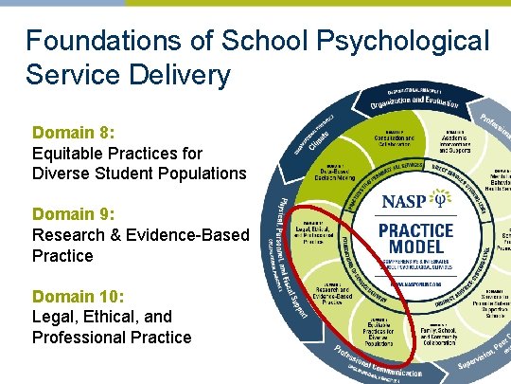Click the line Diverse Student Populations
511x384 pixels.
pos(139,174)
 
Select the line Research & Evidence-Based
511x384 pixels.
pos(139,235)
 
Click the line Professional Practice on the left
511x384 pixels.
pos(112,338)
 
